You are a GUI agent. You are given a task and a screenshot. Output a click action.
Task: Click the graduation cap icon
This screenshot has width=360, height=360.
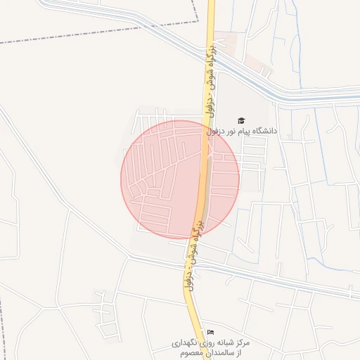click(x=242, y=121)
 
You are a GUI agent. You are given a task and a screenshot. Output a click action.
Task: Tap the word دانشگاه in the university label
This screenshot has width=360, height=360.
click(x=263, y=131)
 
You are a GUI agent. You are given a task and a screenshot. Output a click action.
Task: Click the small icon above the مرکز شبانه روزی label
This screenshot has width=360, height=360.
click(x=210, y=332)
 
